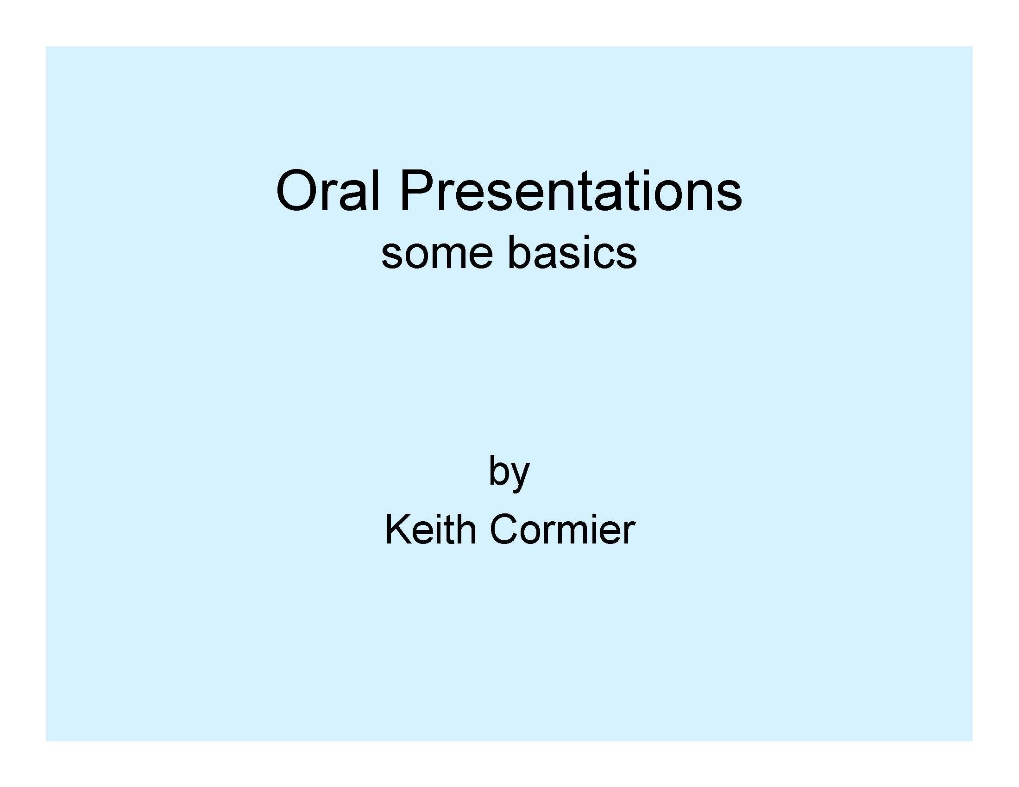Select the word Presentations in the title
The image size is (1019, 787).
(571, 191)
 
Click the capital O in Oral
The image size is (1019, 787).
(297, 191)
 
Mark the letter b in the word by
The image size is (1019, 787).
(498, 470)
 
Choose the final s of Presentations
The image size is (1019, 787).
(729, 197)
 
